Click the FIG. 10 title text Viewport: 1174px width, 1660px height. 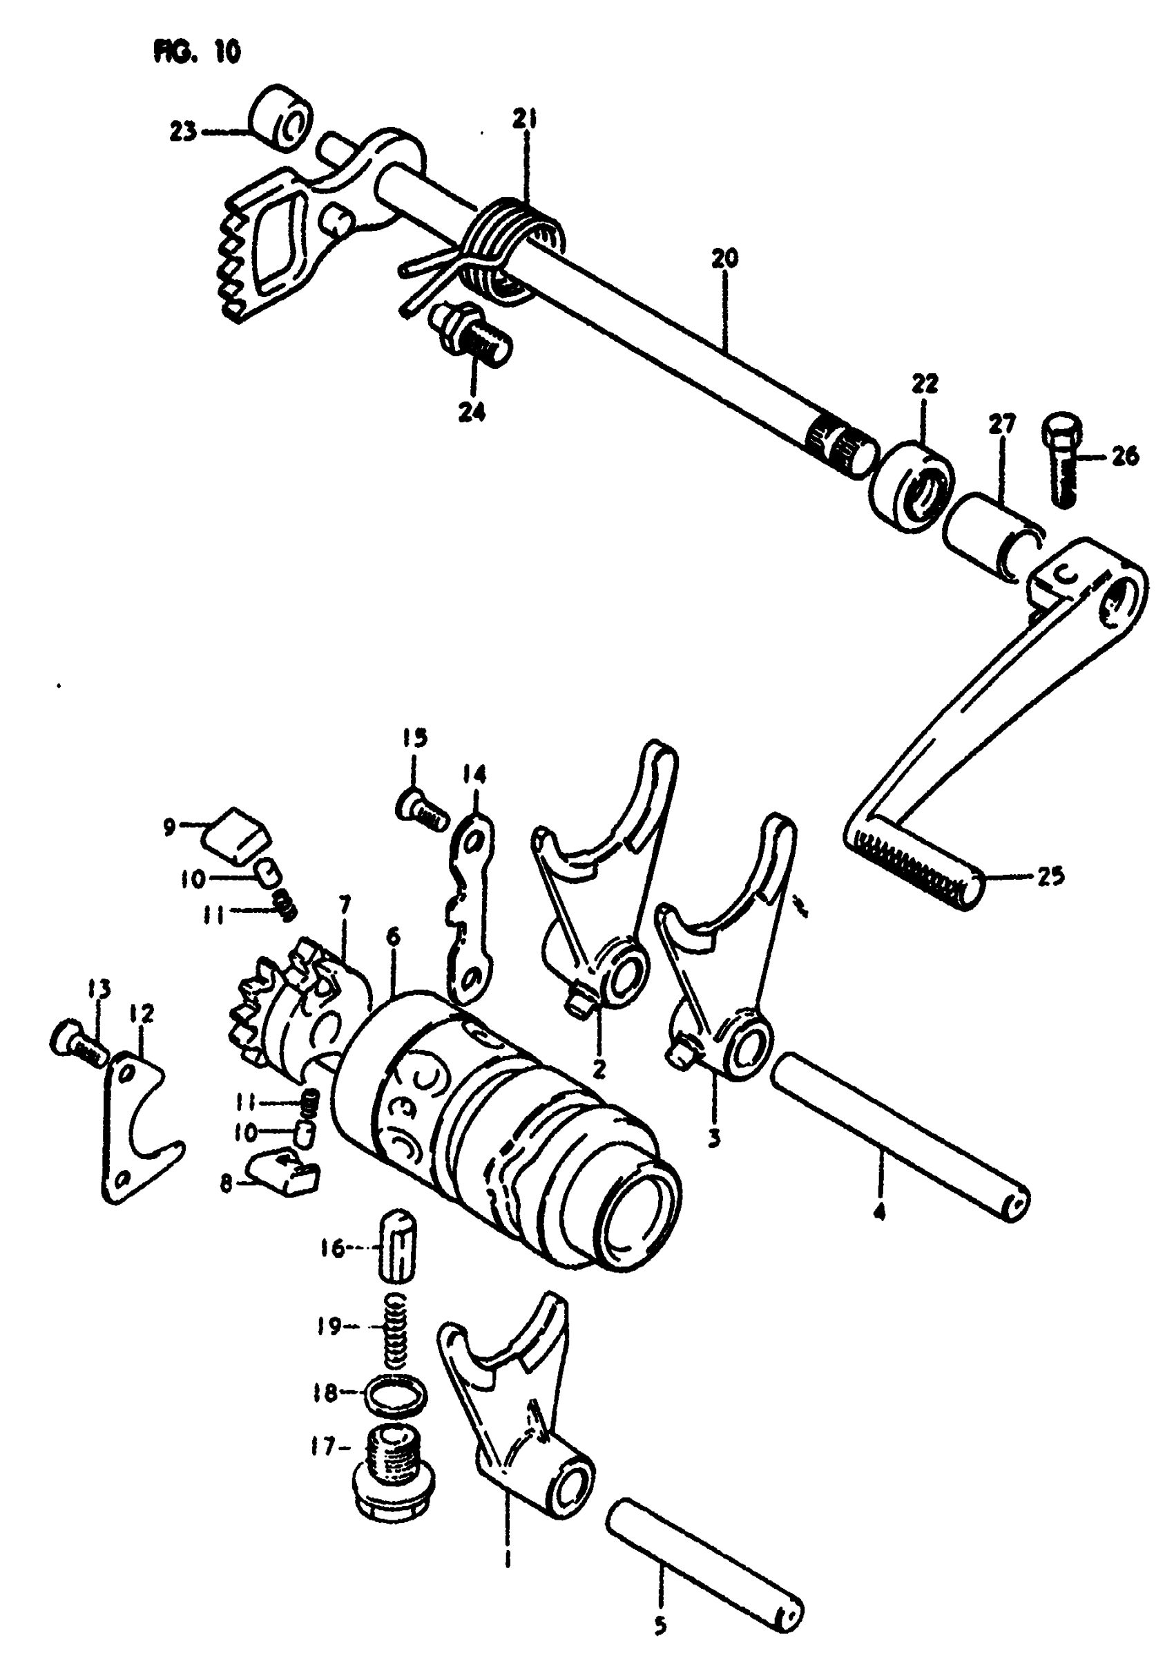pyautogui.click(x=197, y=51)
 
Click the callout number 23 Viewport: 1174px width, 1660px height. pyautogui.click(x=183, y=133)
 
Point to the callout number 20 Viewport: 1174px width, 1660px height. pyautogui.click(x=724, y=258)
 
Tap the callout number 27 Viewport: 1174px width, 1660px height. pyautogui.click(x=1002, y=423)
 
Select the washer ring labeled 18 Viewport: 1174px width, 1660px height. pyautogui.click(x=396, y=1395)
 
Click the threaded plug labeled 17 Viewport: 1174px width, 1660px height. pyautogui.click(x=394, y=1472)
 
